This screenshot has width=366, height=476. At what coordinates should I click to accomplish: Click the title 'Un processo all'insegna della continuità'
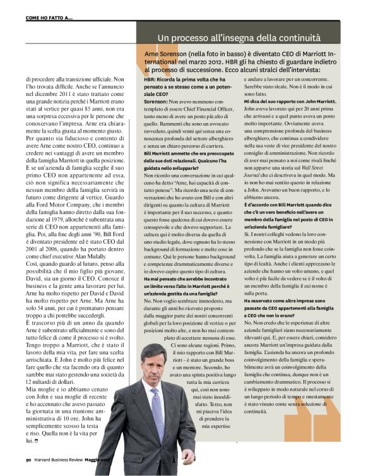click(239, 38)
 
